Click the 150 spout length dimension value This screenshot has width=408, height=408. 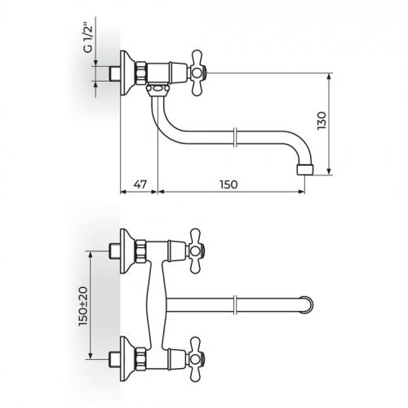point(229,185)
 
